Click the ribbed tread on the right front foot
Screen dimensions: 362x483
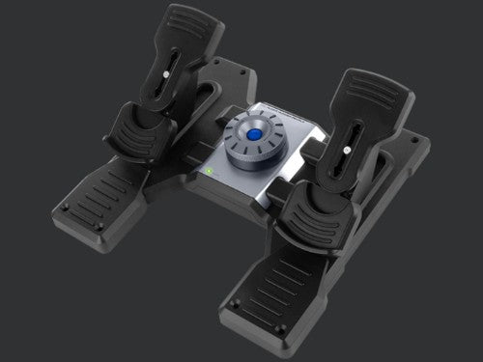(281, 285)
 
